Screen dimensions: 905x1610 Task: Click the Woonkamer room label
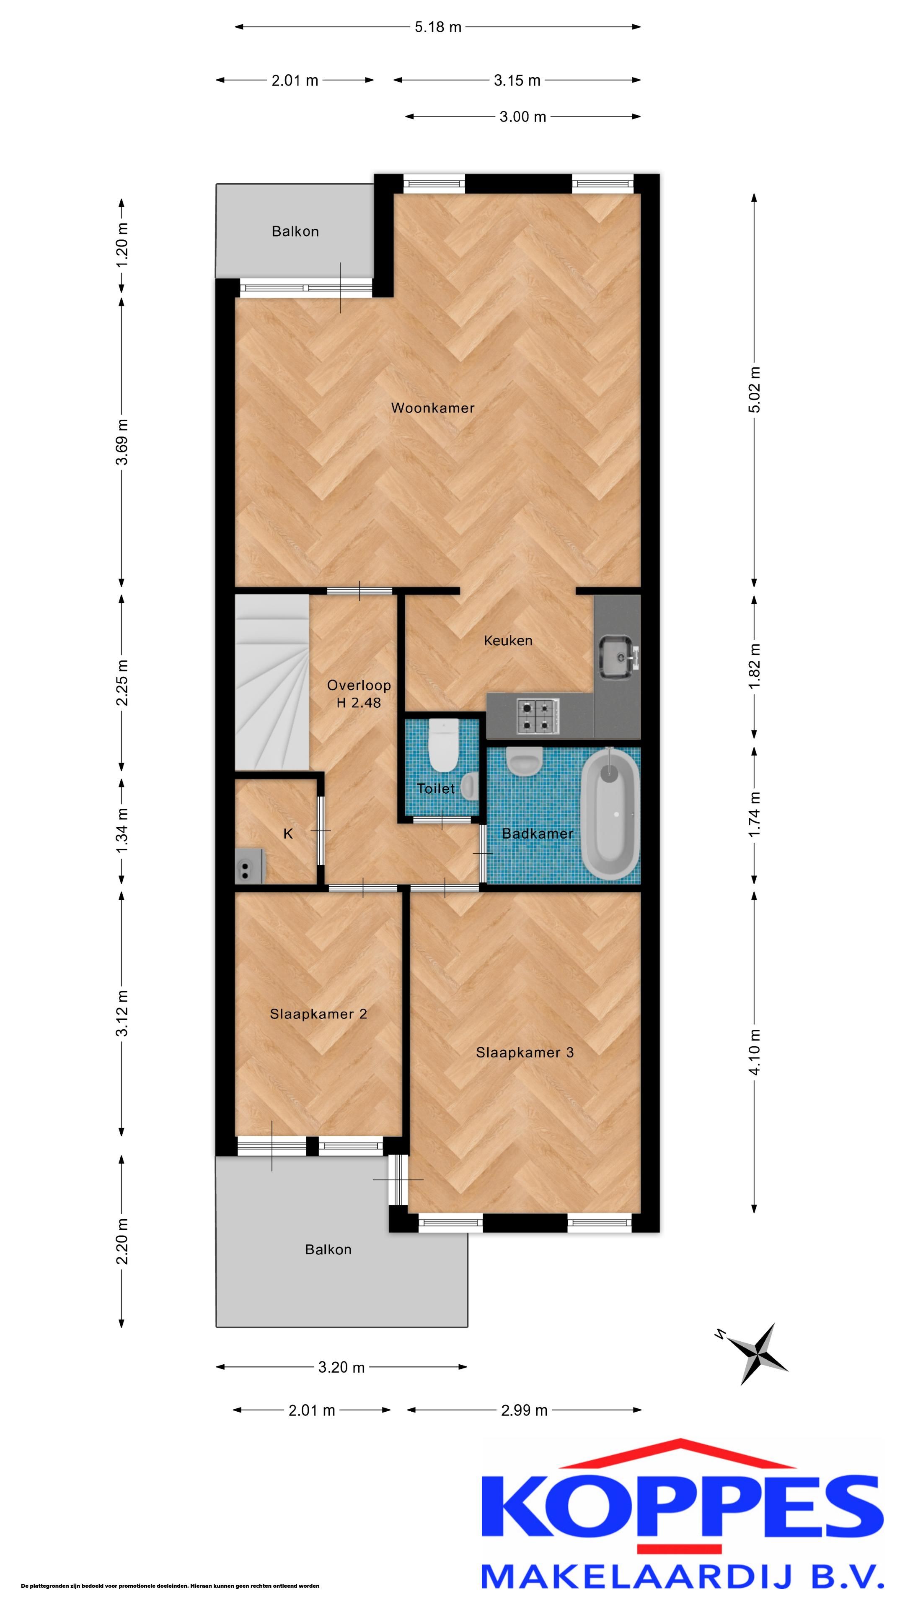tap(432, 408)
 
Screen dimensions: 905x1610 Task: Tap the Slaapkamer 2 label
tap(318, 1014)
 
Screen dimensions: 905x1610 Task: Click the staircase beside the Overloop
tap(271, 683)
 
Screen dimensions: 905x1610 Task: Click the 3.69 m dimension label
tap(122, 442)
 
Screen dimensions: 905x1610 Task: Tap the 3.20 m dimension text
tap(341, 1367)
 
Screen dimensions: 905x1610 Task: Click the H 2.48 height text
tap(359, 703)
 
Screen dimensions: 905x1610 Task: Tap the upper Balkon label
tap(295, 232)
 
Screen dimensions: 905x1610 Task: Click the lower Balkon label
tap(328, 1249)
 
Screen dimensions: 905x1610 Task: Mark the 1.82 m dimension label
tap(755, 666)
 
